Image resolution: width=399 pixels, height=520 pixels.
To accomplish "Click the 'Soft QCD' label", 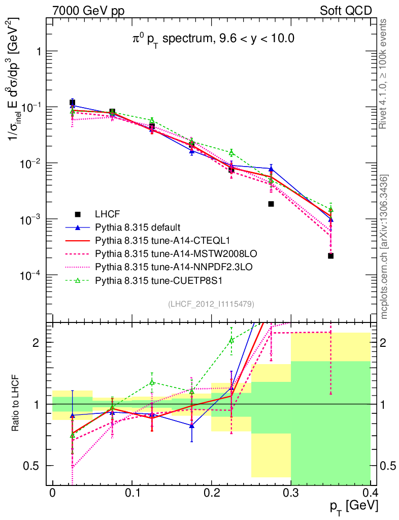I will pos(345,11).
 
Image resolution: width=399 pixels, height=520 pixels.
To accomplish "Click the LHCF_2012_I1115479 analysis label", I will pos(211,304).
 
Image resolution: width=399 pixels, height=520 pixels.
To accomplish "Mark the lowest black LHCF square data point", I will pos(330,256).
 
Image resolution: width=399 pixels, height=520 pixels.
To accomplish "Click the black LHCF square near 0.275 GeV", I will pos(271,204).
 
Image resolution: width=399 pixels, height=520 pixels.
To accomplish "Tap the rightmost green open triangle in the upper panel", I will pos(330,209).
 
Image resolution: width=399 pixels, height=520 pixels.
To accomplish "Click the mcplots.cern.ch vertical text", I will pos(385,246).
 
